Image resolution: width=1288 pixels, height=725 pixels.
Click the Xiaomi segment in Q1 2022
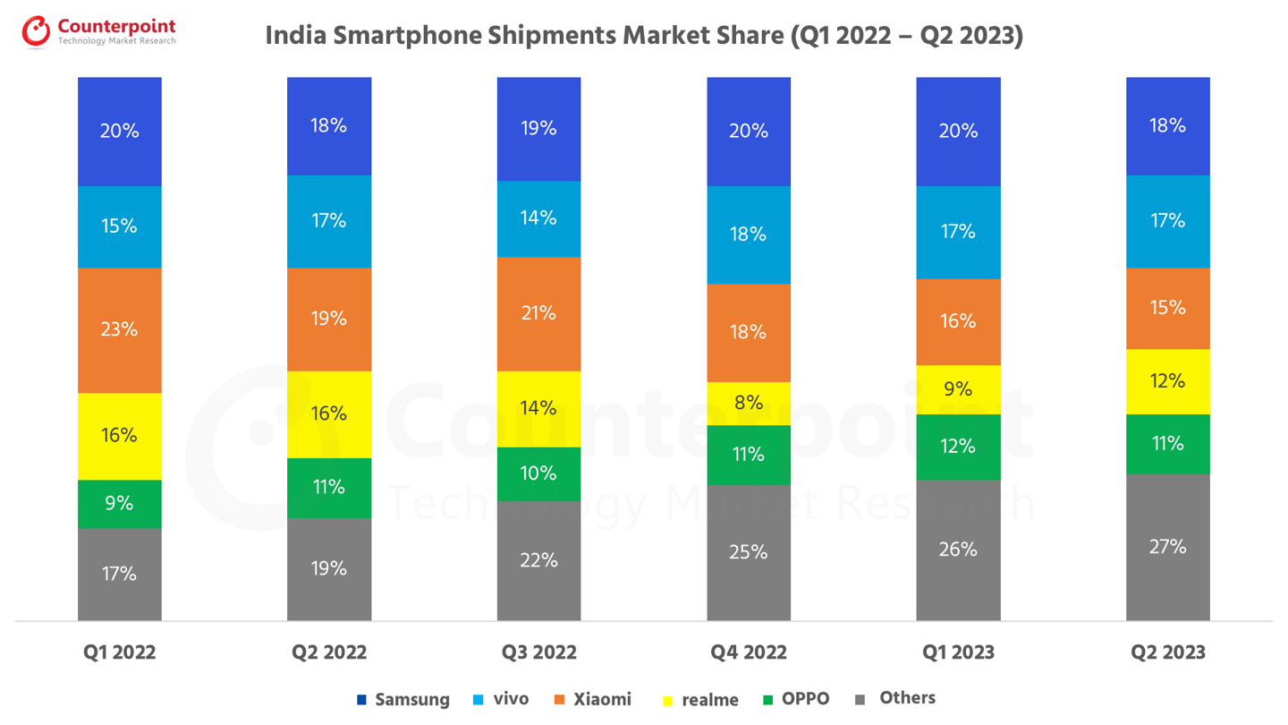click(120, 330)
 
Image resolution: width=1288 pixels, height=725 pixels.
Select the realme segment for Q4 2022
click(749, 404)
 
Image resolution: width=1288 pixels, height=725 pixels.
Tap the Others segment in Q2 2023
click(1168, 547)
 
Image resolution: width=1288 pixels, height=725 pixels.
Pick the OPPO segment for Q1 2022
click(120, 504)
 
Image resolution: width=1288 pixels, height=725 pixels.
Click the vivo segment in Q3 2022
click(538, 218)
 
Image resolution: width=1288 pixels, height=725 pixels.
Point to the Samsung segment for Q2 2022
click(329, 126)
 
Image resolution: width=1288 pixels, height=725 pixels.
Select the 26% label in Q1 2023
click(958, 550)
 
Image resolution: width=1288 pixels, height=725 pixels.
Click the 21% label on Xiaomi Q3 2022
click(538, 313)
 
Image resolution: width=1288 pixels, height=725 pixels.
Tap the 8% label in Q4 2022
click(749, 403)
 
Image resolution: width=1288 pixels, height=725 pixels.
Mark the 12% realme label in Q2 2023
click(1168, 381)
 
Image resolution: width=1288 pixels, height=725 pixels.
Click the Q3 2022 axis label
click(538, 652)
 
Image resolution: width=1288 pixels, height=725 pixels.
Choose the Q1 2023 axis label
click(958, 652)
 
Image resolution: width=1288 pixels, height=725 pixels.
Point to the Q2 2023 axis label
click(1168, 652)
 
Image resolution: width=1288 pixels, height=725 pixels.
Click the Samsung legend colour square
click(361, 700)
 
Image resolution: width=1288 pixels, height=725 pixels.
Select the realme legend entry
click(709, 700)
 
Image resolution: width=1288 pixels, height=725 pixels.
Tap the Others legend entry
click(907, 698)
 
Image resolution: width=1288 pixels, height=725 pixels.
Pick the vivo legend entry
click(510, 699)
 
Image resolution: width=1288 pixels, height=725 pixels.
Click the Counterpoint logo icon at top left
click(37, 31)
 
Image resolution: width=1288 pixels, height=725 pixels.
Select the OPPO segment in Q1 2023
click(958, 447)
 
